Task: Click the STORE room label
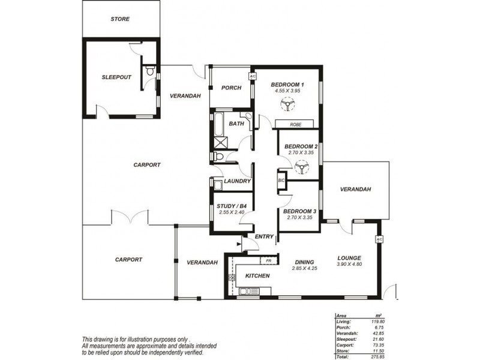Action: [120, 19]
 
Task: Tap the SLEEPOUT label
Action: [116, 77]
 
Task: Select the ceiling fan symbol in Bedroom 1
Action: [288, 104]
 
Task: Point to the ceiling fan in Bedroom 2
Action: [301, 167]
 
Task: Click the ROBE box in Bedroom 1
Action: [295, 124]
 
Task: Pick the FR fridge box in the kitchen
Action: [268, 261]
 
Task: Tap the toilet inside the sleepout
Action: [149, 70]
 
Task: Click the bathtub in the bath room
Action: [219, 124]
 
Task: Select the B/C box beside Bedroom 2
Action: [281, 181]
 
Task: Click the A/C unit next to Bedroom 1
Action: [252, 76]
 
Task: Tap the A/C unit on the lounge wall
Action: [379, 239]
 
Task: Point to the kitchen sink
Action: [249, 291]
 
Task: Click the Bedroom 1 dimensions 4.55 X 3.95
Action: [287, 91]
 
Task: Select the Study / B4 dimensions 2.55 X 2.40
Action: [232, 212]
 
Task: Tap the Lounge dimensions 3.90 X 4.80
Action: [349, 264]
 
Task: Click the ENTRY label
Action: [264, 236]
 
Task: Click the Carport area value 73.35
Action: [378, 345]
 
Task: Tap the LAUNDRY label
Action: [237, 181]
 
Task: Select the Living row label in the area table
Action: [343, 322]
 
